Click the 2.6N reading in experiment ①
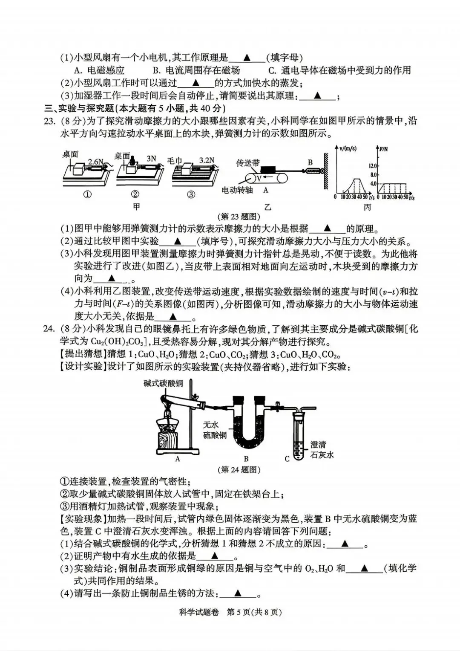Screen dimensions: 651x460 pos(95,162)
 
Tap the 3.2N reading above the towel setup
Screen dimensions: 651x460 pos(207,160)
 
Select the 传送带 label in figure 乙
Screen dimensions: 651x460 pos(248,163)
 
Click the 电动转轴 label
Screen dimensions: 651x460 pos(237,190)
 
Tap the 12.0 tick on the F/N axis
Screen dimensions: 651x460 pos(373,166)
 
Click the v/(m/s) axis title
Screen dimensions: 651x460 pos(347,149)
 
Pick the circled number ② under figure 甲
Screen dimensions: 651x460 pos(135,194)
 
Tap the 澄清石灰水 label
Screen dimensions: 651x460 pos(322,450)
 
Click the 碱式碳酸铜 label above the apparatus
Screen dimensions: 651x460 pos(163,383)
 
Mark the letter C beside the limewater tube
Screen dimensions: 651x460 pos(287,459)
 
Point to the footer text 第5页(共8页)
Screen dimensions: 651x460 pos(254,612)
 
